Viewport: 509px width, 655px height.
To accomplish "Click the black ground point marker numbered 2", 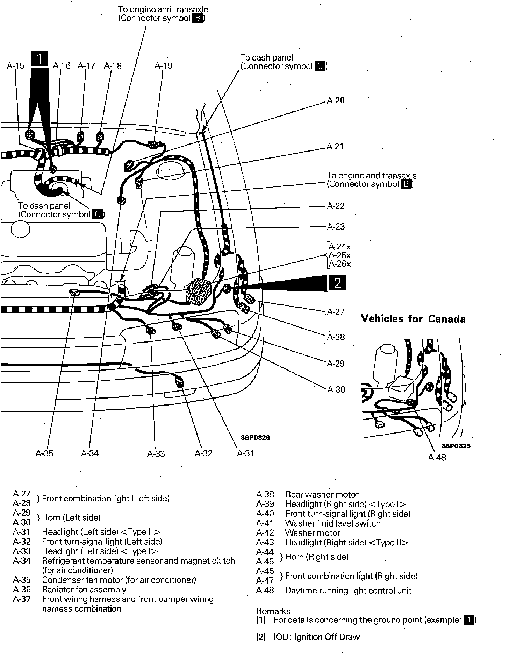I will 337,283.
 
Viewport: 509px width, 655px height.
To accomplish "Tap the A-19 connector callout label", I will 163,66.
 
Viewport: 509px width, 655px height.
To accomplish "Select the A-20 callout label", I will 336,100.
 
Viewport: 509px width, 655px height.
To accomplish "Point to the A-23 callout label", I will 336,227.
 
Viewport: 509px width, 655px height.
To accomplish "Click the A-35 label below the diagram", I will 44,453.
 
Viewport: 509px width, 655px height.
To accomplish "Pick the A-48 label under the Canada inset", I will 437,457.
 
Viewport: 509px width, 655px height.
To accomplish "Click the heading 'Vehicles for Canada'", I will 413,319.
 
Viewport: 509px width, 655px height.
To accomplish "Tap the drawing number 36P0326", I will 255,437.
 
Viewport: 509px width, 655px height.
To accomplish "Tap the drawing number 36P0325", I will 456,446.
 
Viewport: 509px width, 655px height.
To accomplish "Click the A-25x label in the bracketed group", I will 339,255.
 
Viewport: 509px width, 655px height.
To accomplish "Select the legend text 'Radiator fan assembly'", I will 84,590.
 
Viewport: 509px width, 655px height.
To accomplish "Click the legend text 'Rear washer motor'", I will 322,494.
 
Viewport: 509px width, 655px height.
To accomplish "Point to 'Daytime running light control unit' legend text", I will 348,591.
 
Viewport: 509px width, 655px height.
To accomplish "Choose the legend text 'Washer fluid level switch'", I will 332,523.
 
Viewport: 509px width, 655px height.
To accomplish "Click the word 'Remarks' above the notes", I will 273,611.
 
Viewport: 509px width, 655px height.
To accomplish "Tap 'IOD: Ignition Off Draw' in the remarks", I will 316,637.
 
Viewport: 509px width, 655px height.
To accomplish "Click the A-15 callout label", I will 16,66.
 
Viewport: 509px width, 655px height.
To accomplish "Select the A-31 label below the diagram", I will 245,453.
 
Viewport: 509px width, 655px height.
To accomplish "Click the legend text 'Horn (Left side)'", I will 71,517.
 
